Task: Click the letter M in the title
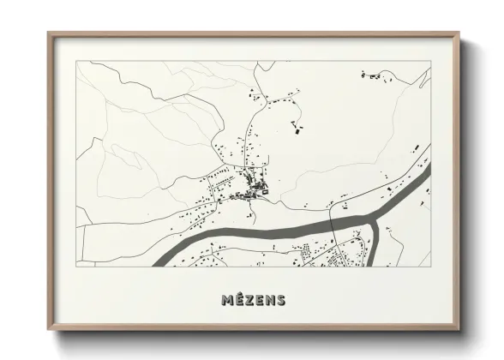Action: tap(227, 300)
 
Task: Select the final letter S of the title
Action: tap(280, 300)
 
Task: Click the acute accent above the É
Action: tap(239, 294)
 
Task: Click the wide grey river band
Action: tap(257, 229)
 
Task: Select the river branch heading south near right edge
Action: tap(374, 244)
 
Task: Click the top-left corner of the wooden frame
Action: tap(48, 33)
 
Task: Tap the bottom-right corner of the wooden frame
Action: tap(461, 331)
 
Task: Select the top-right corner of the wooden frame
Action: tap(461, 33)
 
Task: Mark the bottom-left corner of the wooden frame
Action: tap(48, 331)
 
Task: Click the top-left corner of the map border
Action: tap(76, 62)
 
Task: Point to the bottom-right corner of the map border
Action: tap(430, 267)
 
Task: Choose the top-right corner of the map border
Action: tap(430, 62)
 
